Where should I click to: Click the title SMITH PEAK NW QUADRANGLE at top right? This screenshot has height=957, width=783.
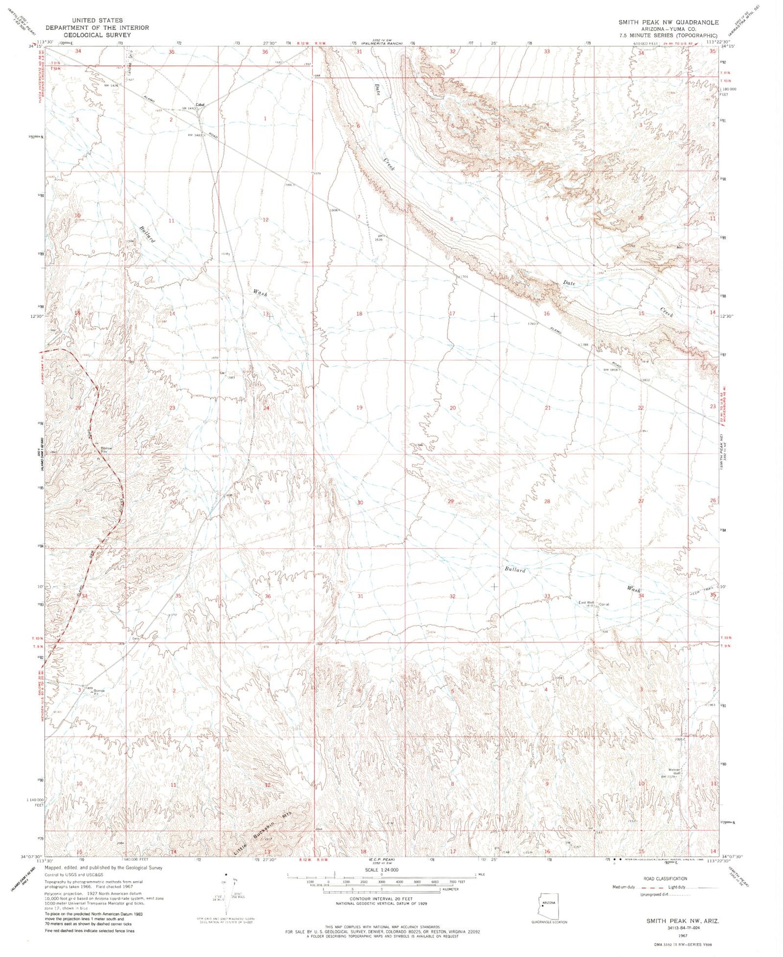pyautogui.click(x=669, y=22)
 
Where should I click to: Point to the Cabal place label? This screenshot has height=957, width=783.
pyautogui.click(x=200, y=105)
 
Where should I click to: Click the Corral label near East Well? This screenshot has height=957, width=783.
pyautogui.click(x=604, y=604)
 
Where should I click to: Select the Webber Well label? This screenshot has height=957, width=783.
pyautogui.click(x=674, y=771)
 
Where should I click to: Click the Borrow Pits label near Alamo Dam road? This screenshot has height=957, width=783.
pyautogui.click(x=106, y=449)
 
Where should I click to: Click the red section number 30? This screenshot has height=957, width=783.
pyautogui.click(x=359, y=502)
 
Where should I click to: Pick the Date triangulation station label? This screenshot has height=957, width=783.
pyautogui.click(x=137, y=638)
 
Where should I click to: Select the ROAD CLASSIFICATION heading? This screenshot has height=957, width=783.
pyautogui.click(x=663, y=878)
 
